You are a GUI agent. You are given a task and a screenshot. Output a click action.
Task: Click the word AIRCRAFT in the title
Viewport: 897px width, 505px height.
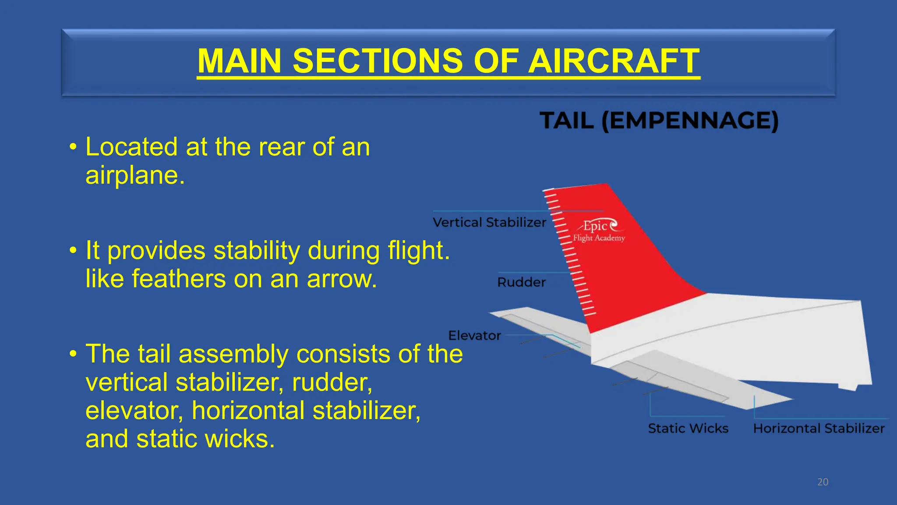click(614, 61)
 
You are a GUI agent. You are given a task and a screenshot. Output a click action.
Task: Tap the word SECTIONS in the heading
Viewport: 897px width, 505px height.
click(378, 61)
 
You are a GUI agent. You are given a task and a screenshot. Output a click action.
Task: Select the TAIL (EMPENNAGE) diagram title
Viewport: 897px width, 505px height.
click(659, 121)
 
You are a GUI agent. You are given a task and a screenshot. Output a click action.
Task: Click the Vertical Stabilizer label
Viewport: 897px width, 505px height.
click(489, 223)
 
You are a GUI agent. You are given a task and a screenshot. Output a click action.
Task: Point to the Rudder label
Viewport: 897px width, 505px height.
click(521, 282)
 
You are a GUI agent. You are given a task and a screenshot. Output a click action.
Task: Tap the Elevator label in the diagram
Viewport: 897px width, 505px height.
click(474, 336)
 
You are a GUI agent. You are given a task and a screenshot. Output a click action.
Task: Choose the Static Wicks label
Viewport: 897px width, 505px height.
click(688, 428)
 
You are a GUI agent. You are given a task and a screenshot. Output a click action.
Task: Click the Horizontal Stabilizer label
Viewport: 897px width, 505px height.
click(819, 428)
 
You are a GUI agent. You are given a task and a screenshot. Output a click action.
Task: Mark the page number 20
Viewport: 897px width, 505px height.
click(823, 482)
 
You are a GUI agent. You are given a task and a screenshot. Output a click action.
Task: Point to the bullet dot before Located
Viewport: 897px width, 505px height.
click(73, 147)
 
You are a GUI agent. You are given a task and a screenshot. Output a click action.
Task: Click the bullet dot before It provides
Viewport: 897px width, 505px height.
click(73, 251)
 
